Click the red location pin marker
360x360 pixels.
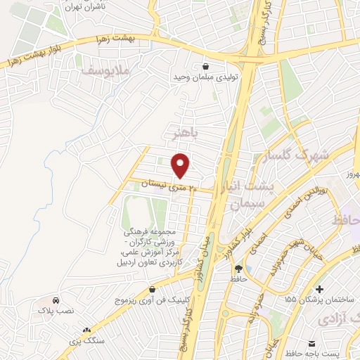click(181, 165)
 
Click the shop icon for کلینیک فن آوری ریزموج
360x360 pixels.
click(153, 290)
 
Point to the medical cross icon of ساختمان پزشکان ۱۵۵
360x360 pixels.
click(320, 289)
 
